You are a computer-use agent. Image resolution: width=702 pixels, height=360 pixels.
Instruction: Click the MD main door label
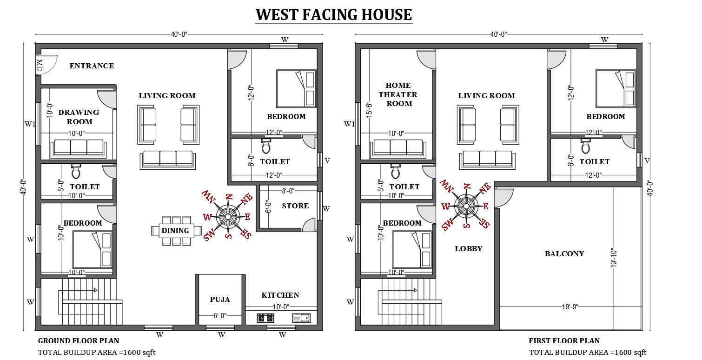pos(40,65)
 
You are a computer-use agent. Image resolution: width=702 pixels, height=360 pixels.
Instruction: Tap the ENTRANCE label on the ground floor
pos(92,66)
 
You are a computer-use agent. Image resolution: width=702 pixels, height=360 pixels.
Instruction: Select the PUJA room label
pos(220,300)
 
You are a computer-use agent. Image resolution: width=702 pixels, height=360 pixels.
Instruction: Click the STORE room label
pos(295,206)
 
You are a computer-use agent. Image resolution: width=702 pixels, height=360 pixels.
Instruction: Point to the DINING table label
pos(175,231)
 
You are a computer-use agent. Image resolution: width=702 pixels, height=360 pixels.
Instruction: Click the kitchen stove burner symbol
pos(265,318)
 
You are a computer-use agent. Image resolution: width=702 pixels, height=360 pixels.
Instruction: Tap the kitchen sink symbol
pos(301,318)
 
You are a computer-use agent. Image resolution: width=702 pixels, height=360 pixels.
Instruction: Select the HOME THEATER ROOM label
pos(398,94)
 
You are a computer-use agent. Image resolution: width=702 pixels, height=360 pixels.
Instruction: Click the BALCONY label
pos(564,253)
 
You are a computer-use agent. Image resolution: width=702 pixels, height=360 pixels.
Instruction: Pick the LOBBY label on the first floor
pos(469,249)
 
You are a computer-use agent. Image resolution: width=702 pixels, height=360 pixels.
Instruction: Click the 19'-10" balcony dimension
pos(614,258)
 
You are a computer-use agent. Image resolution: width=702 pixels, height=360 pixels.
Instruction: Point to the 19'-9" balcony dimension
pos(570,307)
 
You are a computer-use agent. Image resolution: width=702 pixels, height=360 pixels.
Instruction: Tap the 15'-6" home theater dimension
pos(369,110)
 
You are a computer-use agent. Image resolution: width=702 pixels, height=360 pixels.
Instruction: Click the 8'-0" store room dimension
pos(288,191)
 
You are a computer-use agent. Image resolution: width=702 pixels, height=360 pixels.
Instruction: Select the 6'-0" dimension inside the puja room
pos(220,315)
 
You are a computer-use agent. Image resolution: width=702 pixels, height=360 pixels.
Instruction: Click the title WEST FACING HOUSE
pos(334,14)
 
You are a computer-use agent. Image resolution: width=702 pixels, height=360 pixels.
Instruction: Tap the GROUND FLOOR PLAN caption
pos(79,340)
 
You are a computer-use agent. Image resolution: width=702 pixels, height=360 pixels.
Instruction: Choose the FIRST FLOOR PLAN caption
pos(564,340)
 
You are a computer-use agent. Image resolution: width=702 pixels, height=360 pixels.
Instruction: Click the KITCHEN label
pos(280,295)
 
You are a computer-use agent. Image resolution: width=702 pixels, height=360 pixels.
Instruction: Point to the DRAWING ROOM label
pos(79,117)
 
